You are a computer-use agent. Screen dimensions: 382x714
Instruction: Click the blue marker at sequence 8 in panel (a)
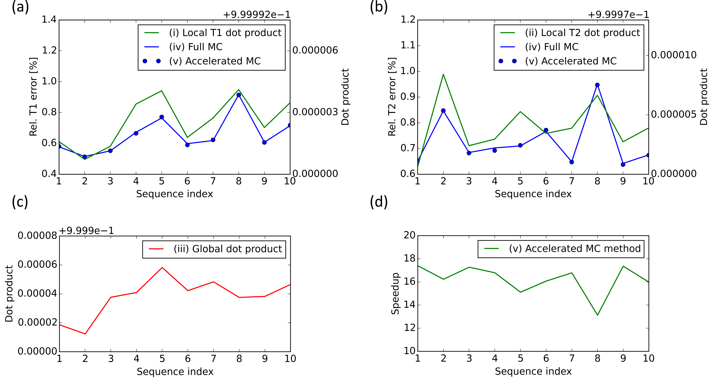tap(239, 95)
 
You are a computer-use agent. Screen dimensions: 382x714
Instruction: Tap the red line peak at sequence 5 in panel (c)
tap(162, 268)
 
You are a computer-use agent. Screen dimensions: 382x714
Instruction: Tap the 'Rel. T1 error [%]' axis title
tap(33, 97)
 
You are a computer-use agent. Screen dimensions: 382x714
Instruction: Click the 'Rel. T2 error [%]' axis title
tap(392, 97)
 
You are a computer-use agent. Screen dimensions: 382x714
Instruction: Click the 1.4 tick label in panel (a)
tap(49, 20)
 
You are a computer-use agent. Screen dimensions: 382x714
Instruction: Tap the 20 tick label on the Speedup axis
tap(409, 235)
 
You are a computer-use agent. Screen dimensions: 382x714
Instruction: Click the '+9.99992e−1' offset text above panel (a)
tap(257, 14)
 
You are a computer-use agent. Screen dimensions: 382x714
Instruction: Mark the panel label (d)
tap(379, 202)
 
